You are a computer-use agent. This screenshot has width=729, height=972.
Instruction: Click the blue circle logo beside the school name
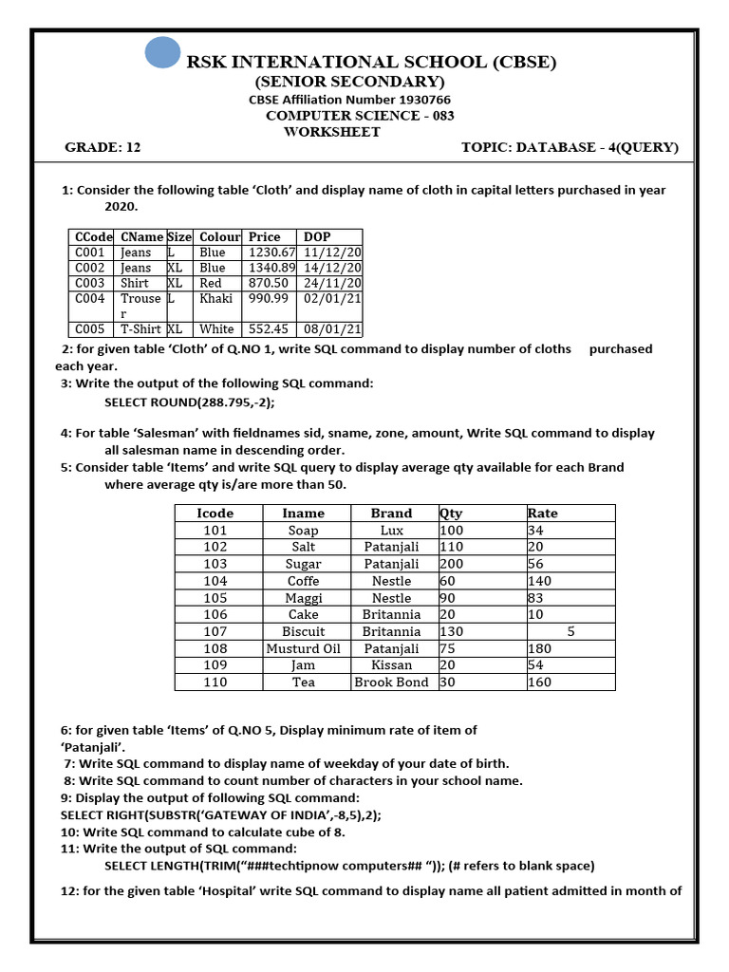[162, 52]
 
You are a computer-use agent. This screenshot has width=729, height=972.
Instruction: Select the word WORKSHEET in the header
[331, 132]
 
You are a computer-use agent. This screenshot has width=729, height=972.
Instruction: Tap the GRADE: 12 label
[103, 147]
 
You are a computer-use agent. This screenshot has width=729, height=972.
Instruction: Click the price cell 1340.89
[271, 268]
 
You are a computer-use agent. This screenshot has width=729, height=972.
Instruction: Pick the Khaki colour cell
[214, 298]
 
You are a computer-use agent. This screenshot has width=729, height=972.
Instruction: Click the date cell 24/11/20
[331, 283]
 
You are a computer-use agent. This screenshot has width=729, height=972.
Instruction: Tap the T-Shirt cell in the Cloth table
[140, 328]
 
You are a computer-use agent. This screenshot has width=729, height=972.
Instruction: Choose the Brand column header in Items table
[391, 513]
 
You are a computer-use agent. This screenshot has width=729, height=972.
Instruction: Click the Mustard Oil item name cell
[303, 648]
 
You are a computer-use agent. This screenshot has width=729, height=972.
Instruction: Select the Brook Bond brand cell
[391, 682]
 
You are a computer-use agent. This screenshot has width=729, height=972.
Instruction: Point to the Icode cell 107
[215, 631]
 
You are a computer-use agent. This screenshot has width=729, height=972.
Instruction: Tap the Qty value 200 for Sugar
[451, 563]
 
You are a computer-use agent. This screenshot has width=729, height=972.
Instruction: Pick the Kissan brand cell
[391, 665]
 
